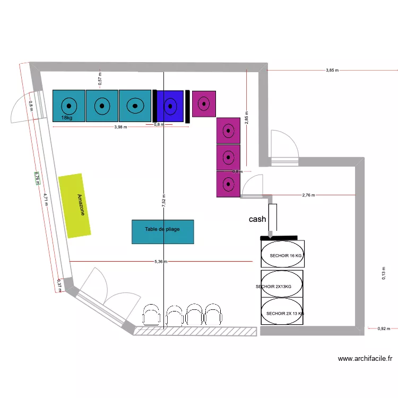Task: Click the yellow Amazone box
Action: (x=75, y=205)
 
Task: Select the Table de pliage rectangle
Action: (x=162, y=231)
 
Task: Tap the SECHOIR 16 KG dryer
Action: (x=283, y=255)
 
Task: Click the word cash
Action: (x=257, y=219)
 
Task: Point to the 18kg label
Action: (x=67, y=118)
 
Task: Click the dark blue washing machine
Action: (x=170, y=106)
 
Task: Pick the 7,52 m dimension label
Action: (x=164, y=202)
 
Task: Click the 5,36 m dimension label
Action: (x=161, y=261)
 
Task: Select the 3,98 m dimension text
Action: (x=120, y=127)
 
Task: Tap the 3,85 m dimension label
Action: (x=332, y=70)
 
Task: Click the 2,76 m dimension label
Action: (x=308, y=195)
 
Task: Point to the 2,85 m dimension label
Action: (x=246, y=117)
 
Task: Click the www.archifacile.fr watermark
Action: (x=365, y=359)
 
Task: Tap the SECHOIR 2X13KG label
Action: (x=273, y=287)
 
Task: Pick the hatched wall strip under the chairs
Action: (x=195, y=331)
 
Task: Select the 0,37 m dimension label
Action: (x=59, y=285)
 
